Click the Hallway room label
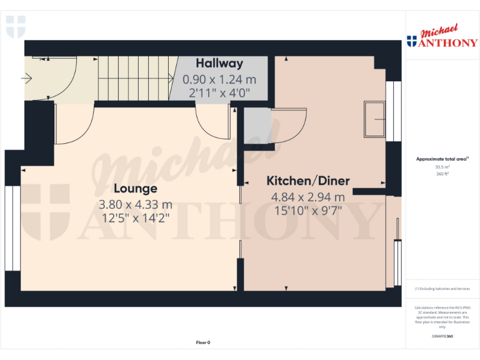(x=219, y=63)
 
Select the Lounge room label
(x=135, y=188)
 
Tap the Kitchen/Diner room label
(x=308, y=181)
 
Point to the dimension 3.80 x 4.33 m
(x=135, y=204)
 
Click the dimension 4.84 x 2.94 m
(x=308, y=197)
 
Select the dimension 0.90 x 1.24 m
(x=219, y=79)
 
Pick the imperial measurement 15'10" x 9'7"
(x=308, y=211)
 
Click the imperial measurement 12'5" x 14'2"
(x=135, y=218)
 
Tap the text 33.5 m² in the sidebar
(x=442, y=167)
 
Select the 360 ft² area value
(x=442, y=174)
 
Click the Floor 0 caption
(x=203, y=342)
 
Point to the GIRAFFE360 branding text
(x=442, y=337)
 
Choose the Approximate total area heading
(x=442, y=159)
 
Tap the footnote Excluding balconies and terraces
(x=442, y=289)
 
